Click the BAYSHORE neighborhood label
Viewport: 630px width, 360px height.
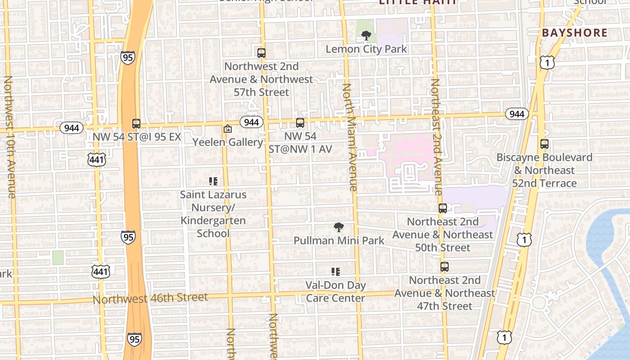click(x=575, y=33)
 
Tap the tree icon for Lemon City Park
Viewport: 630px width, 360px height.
click(x=366, y=35)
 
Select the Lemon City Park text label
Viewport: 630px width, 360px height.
click(x=366, y=49)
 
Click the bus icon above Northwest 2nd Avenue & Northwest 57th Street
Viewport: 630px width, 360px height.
click(x=261, y=53)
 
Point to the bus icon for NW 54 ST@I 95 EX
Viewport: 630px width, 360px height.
click(x=136, y=123)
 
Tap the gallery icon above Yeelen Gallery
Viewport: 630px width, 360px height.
click(x=228, y=129)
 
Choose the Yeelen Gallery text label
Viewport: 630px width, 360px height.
click(x=228, y=142)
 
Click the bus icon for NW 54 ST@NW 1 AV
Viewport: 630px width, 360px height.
click(x=300, y=122)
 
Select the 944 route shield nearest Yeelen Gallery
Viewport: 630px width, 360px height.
click(x=251, y=122)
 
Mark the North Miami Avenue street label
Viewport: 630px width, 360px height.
click(x=350, y=137)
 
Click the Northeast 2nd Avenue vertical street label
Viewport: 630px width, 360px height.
click(x=436, y=137)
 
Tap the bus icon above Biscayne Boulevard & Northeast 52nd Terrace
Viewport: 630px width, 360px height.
click(x=544, y=144)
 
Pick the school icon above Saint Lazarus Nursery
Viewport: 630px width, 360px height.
click(x=213, y=181)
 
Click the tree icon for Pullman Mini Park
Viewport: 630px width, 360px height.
click(x=339, y=227)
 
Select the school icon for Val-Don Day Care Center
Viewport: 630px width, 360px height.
click(x=336, y=271)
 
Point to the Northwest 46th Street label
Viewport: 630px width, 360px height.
click(x=150, y=298)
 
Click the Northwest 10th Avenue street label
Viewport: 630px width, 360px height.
click(x=9, y=137)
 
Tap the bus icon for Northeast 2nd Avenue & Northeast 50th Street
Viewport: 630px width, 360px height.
click(x=443, y=208)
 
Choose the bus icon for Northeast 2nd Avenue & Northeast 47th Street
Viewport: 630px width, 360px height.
click(x=445, y=267)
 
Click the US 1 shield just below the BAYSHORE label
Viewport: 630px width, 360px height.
click(x=547, y=63)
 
